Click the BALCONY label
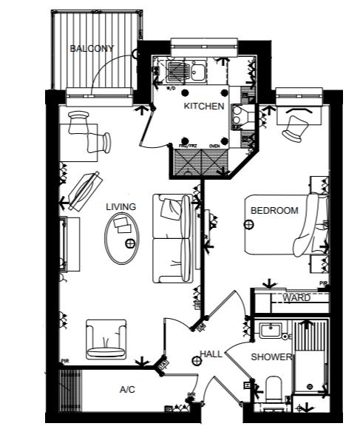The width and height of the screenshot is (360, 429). pos(92,49)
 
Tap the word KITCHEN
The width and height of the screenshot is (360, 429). pos(203,107)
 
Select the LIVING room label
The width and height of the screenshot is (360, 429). pos(120,207)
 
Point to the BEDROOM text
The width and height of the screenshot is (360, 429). pos(274,211)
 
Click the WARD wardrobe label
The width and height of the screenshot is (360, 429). pos(296,298)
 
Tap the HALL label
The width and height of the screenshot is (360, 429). pos(211,355)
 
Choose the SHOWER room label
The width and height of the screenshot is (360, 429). pos(271,357)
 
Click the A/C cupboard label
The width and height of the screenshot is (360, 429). pos(127,389)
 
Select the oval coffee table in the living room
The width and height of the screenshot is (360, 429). pos(121,238)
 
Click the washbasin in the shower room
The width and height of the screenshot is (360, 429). pos(269,331)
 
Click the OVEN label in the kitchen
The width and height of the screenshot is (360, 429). pos(216,146)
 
